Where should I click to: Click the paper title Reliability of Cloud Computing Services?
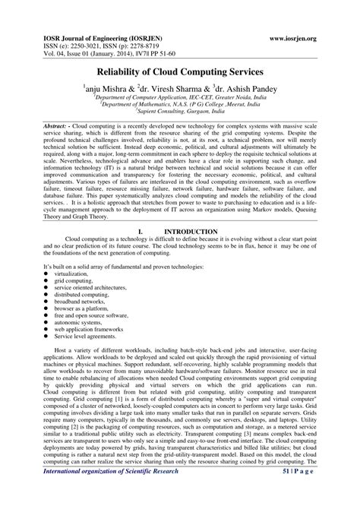point(180,71)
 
